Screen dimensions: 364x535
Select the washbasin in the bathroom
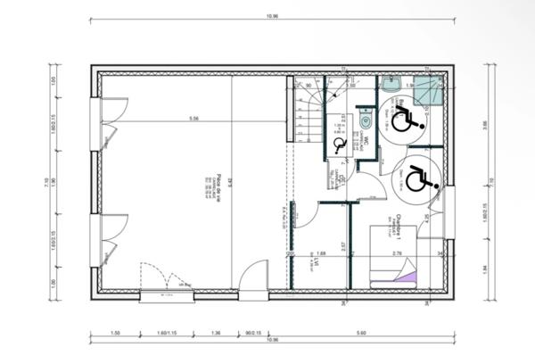point(391,85)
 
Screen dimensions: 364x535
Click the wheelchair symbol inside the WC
point(339,144)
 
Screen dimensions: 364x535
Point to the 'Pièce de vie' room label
point(217,186)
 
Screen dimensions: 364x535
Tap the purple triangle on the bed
point(407,278)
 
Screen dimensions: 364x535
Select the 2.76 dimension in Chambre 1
point(398,254)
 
